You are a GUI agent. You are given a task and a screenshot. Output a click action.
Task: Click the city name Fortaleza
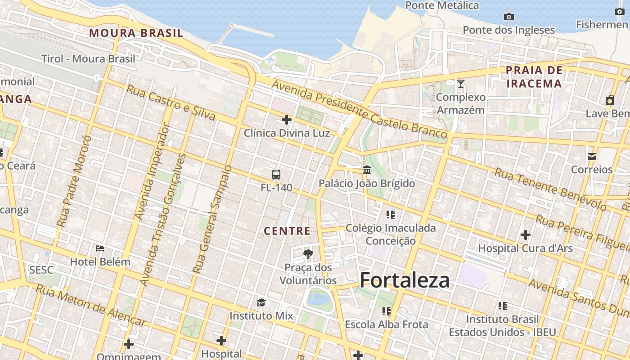click(x=405, y=280)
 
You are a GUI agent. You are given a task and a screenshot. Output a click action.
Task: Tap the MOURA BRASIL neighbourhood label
click(x=136, y=33)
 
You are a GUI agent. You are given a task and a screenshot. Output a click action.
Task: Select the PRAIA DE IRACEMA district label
click(x=534, y=76)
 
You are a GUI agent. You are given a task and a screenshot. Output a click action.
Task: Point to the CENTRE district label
click(x=287, y=231)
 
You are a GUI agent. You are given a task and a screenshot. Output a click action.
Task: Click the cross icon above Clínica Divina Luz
click(x=287, y=120)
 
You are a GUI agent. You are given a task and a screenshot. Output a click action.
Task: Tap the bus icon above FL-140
click(x=276, y=175)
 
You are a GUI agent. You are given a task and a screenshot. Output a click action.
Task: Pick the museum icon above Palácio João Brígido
click(x=367, y=170)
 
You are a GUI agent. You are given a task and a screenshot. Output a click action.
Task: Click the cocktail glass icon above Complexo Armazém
click(x=461, y=84)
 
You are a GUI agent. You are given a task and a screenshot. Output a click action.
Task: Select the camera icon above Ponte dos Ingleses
click(x=509, y=17)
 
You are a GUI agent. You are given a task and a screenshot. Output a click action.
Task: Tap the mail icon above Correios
click(x=592, y=156)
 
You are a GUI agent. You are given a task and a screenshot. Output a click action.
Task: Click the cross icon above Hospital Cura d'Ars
click(x=525, y=235)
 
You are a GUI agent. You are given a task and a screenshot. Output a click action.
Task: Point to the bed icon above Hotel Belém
click(x=100, y=248)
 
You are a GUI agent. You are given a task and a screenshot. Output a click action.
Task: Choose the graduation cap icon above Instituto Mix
click(x=261, y=302)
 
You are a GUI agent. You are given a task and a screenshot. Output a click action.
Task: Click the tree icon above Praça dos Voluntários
click(x=308, y=254)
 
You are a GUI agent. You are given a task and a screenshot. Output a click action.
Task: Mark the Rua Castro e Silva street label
click(x=171, y=103)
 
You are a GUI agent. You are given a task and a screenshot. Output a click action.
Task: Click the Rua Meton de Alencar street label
click(x=91, y=306)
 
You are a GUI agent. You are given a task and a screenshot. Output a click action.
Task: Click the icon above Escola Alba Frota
click(x=386, y=311)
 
